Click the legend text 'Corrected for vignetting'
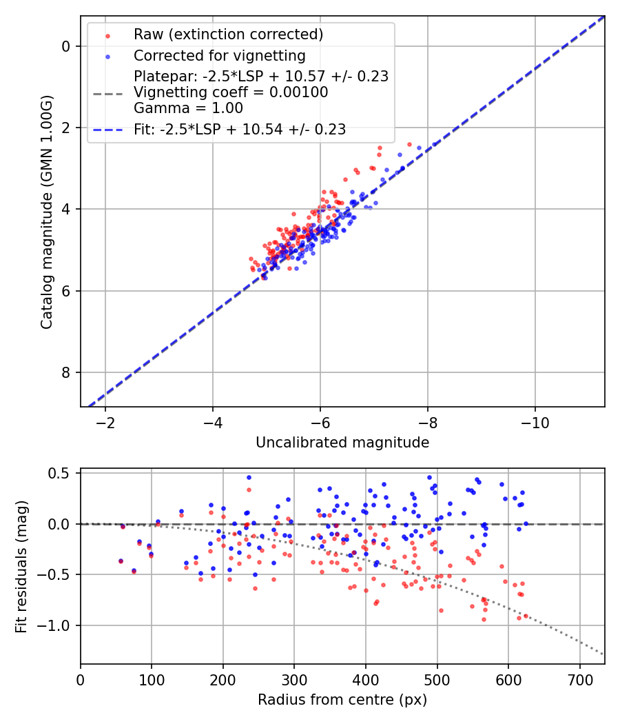(219, 55)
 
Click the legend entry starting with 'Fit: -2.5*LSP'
(240, 129)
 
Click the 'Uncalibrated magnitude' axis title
(342, 443)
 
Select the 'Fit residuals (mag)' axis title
(21, 566)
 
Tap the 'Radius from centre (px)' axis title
(342, 700)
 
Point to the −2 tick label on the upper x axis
(105, 422)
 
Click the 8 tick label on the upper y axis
(66, 373)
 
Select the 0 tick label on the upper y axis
(66, 46)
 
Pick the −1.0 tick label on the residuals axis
(56, 625)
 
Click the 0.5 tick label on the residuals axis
(61, 473)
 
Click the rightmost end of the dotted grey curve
(603, 654)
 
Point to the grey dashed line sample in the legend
(107, 92)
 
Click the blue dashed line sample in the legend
(107, 129)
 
